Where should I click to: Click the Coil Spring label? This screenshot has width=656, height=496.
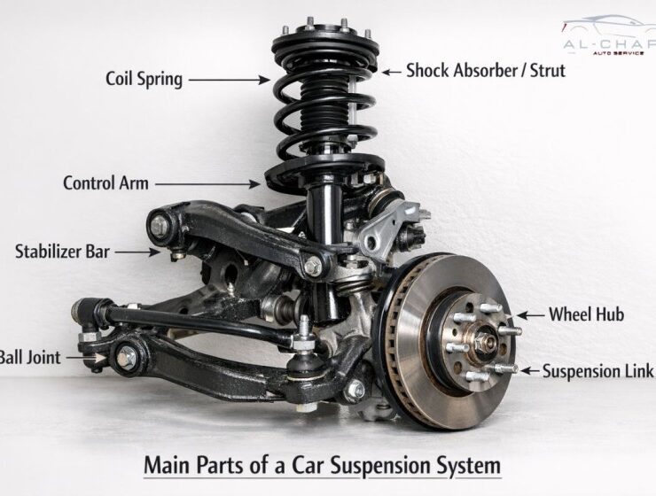144,79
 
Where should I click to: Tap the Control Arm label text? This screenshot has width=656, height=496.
105,183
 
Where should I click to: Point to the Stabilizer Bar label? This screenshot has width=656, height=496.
62,252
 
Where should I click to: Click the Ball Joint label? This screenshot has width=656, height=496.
30,358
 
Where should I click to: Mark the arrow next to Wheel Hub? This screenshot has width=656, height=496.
530,314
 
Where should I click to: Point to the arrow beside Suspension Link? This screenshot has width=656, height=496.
530,369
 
